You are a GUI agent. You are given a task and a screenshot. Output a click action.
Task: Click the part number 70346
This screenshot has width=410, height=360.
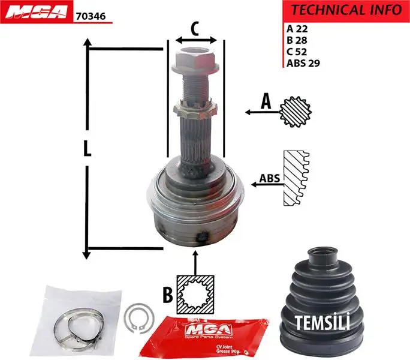pyautogui.click(x=91, y=17)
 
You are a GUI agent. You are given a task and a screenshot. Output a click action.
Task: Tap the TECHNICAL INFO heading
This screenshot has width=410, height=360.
pyautogui.click(x=346, y=10)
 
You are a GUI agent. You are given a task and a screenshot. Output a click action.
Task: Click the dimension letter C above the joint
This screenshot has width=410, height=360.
pyautogui.click(x=195, y=28)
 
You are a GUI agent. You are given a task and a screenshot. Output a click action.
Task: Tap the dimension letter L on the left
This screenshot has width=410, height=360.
pyautogui.click(x=88, y=148)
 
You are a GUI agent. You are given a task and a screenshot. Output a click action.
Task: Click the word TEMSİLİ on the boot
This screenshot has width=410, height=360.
pyautogui.click(x=322, y=323)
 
